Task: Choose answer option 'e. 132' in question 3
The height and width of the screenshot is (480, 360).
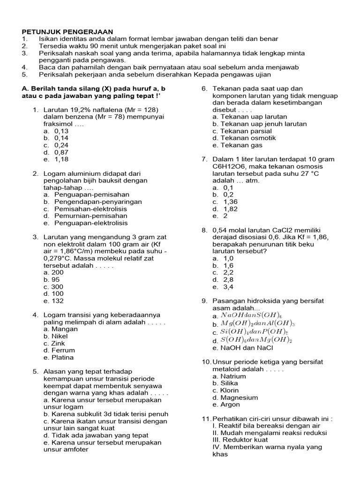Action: point(53,301)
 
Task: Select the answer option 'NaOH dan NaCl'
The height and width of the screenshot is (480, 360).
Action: point(242,348)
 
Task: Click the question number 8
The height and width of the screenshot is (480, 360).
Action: point(204,230)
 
